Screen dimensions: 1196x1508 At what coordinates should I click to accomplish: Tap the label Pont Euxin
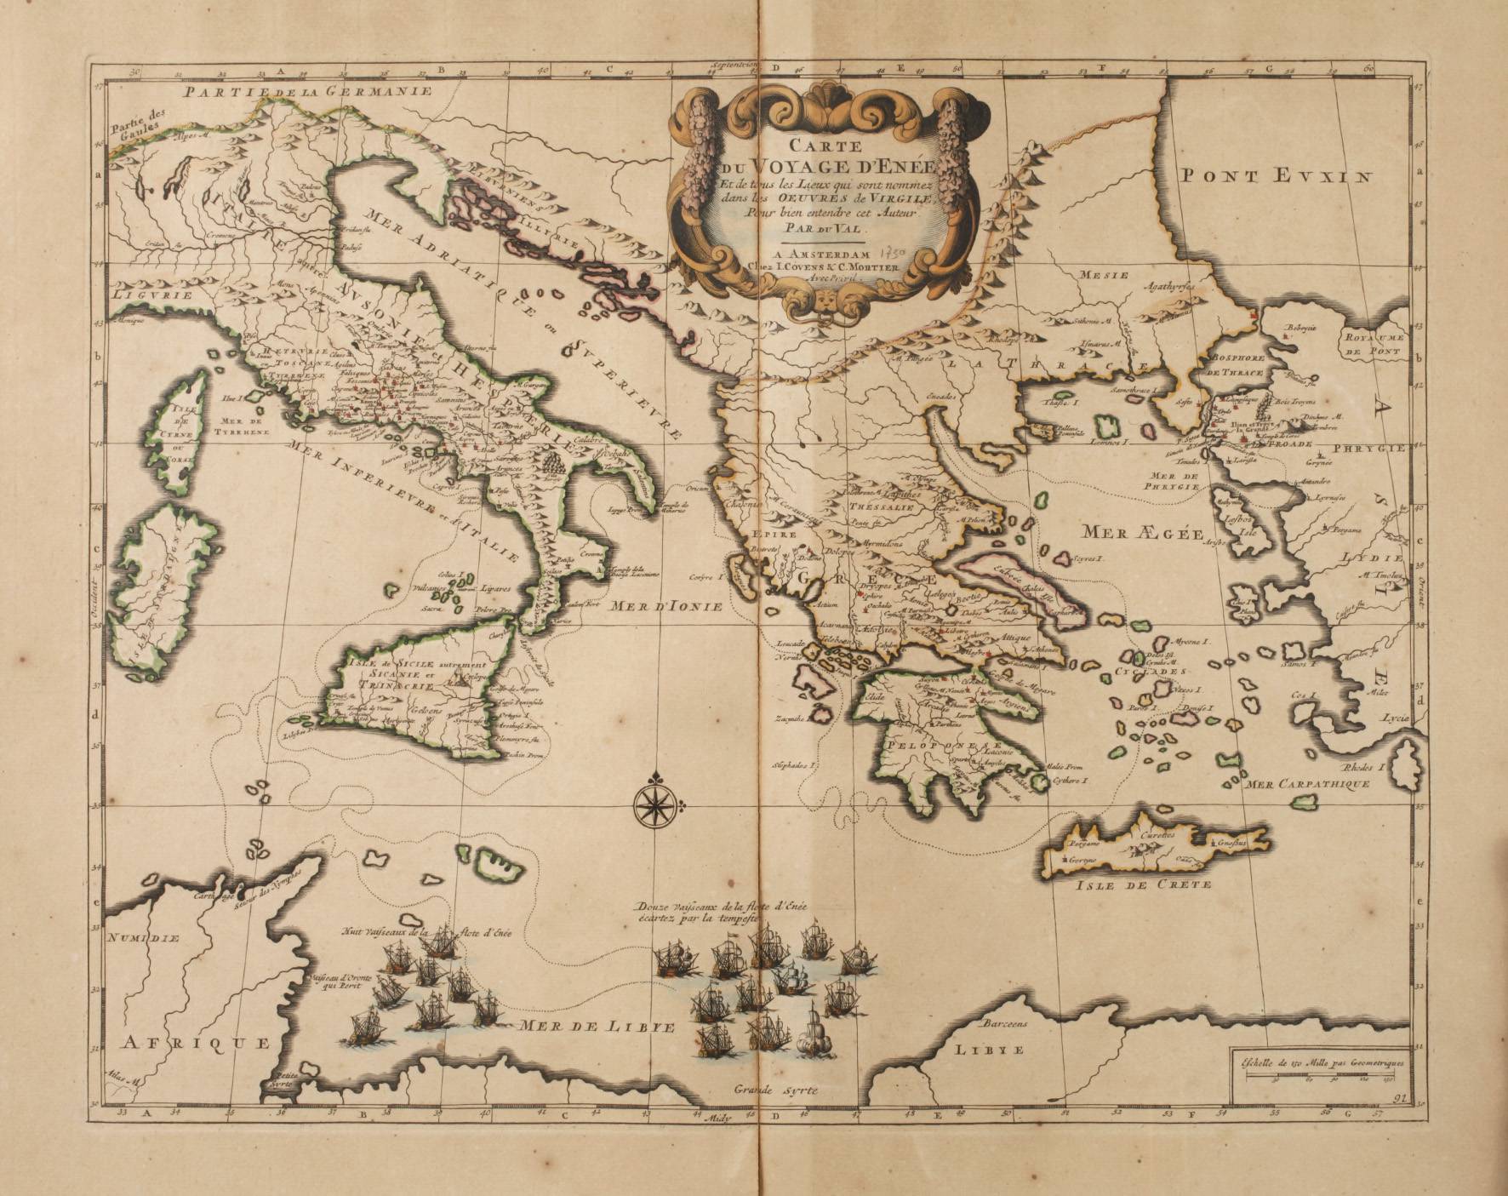pos(1277,177)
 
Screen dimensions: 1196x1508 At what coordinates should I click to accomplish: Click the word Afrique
pos(195,1043)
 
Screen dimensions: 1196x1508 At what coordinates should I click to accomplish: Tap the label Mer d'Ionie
pos(665,607)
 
